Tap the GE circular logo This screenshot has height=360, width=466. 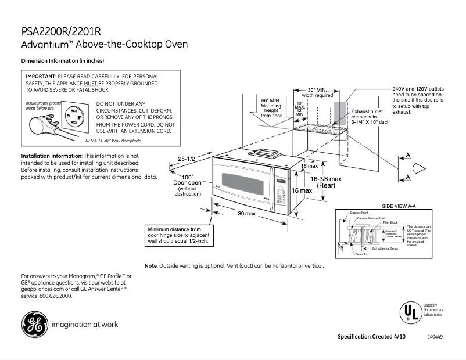click(x=34, y=325)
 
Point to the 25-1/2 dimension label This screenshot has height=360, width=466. click(x=187, y=159)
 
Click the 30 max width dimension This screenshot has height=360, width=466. click(x=246, y=214)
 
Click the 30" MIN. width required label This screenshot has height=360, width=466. click(x=320, y=92)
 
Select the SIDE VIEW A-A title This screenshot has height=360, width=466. click(x=399, y=206)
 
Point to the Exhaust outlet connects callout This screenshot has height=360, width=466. click(x=367, y=117)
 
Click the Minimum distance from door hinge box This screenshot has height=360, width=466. click(x=179, y=235)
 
